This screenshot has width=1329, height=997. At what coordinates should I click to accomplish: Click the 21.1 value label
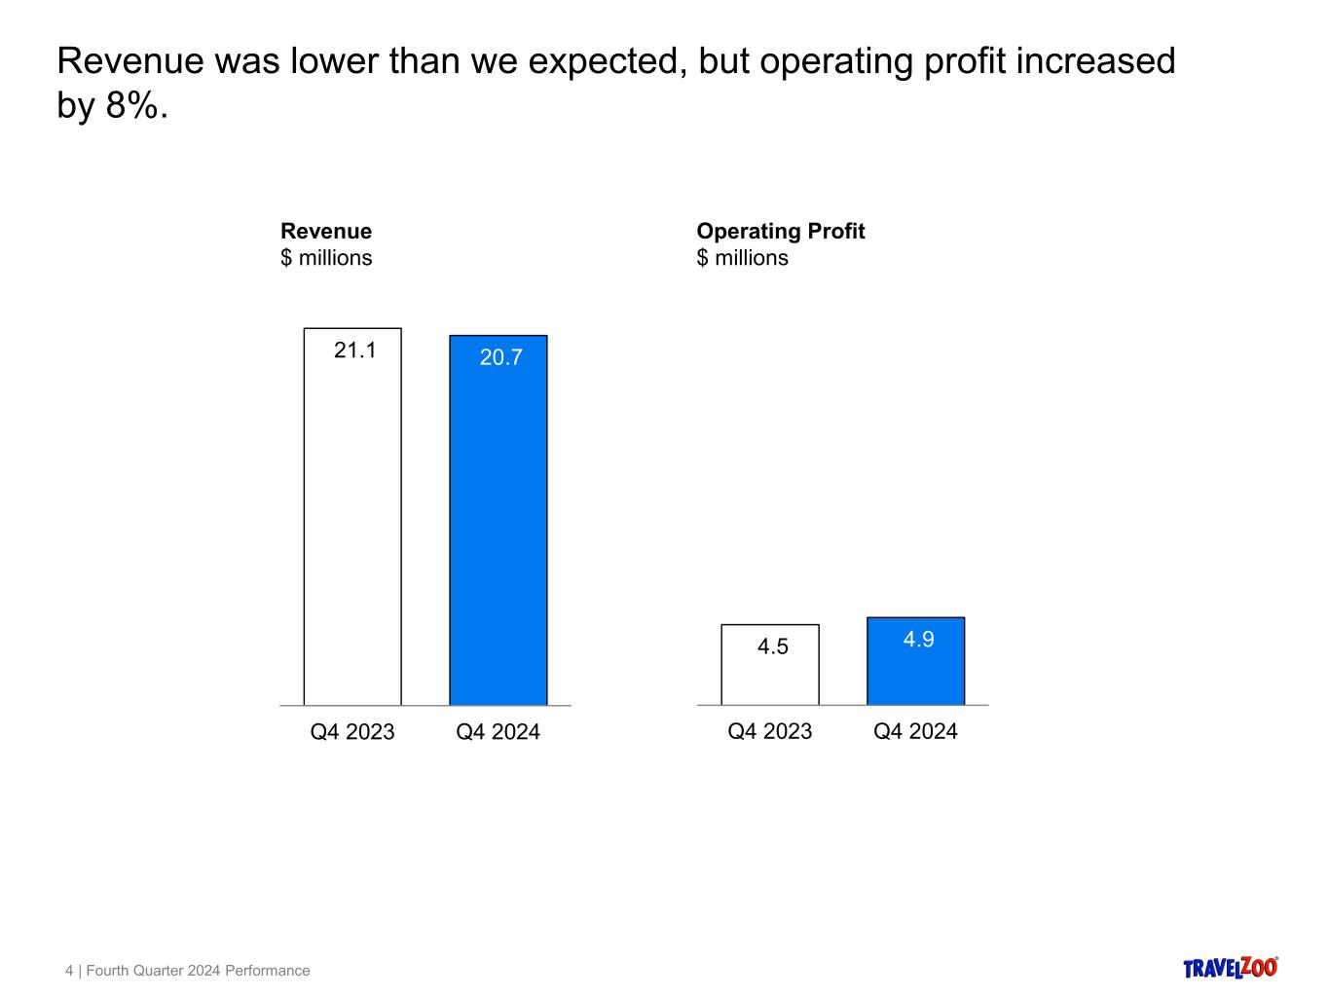coord(354,351)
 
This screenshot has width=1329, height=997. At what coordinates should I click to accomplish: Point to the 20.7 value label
coord(500,357)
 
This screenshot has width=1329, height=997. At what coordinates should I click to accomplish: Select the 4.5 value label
coord(772,646)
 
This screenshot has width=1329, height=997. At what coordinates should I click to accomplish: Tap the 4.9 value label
coord(918,639)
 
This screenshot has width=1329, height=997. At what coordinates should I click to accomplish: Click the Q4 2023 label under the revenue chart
coord(352,732)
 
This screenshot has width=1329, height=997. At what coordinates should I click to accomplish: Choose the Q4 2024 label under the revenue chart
coord(498,732)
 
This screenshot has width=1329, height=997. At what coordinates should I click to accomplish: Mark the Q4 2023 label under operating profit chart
coord(769,731)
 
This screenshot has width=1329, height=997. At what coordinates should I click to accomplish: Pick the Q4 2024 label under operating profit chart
coord(915,731)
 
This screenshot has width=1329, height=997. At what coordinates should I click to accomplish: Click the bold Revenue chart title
coord(326,231)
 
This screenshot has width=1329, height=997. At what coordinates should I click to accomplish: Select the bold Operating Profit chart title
coord(780,231)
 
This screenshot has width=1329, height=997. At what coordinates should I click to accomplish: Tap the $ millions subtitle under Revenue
coord(326,258)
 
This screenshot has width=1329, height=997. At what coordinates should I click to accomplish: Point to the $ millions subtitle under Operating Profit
coord(742,258)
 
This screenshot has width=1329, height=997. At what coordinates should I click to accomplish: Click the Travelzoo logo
coord(1230,967)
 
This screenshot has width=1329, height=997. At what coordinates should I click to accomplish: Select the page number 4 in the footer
coord(69,971)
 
